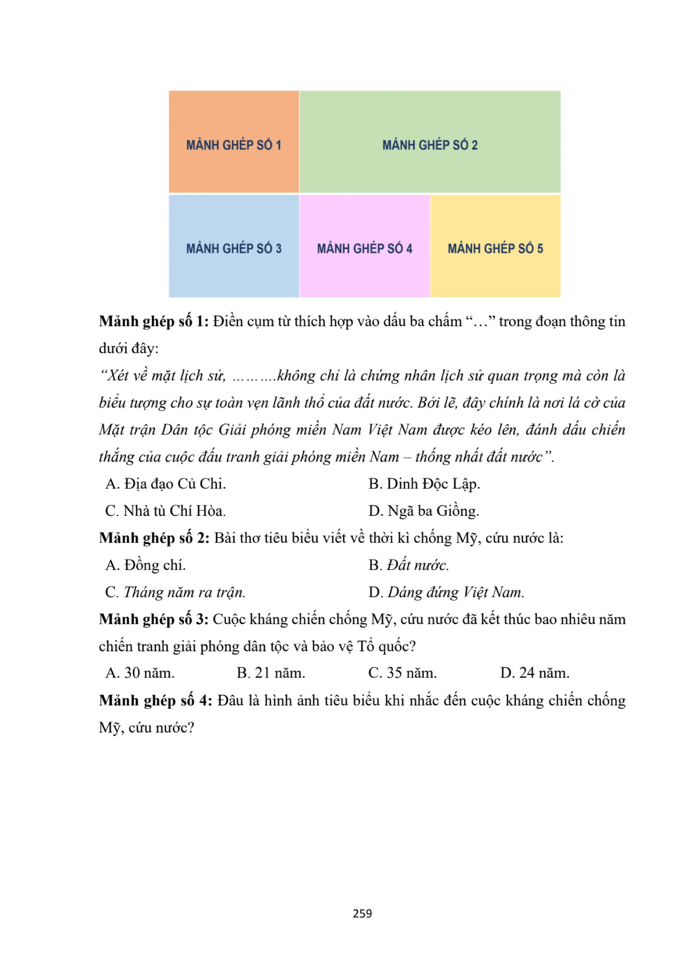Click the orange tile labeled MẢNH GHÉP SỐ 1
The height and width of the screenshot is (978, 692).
[x=233, y=142]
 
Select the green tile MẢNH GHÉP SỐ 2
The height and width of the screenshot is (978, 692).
[x=429, y=142]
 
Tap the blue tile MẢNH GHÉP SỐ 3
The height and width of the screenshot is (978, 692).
[x=233, y=246]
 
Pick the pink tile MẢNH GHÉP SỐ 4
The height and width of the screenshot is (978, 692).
[x=364, y=246]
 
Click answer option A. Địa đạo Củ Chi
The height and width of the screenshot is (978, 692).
[x=166, y=484]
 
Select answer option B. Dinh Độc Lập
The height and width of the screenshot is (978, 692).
[x=424, y=484]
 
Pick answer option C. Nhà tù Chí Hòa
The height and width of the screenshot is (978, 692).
[x=166, y=511]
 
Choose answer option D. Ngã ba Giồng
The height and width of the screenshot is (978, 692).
[x=424, y=511]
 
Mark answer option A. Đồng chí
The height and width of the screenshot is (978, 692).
[x=146, y=565]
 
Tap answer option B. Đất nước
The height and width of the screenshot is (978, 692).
[x=408, y=565]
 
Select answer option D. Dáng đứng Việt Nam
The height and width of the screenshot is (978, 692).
[x=446, y=592]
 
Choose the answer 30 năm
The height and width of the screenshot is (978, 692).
[x=140, y=673]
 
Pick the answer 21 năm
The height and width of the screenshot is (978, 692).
[x=271, y=673]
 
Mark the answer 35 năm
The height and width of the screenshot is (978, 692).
[x=403, y=673]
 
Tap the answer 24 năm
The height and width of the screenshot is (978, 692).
[x=535, y=673]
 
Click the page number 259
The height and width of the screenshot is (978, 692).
[x=362, y=913]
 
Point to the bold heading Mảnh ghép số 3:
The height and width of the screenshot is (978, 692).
[x=154, y=619]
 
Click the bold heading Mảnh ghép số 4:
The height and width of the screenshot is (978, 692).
[x=155, y=700]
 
